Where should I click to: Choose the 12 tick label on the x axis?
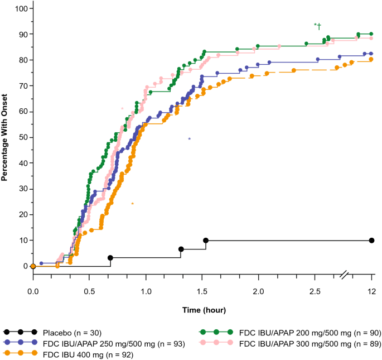coord(371,291)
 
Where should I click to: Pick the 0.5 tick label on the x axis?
coord(89,291)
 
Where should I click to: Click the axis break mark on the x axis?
coord(345,275)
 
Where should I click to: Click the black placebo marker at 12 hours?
coord(371,241)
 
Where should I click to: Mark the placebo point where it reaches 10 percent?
coord(206,241)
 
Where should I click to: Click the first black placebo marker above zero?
coord(110,258)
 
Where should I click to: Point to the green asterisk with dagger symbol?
coord(317,25)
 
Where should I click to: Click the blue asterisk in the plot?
coord(190,139)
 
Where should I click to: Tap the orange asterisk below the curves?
coord(132,204)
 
